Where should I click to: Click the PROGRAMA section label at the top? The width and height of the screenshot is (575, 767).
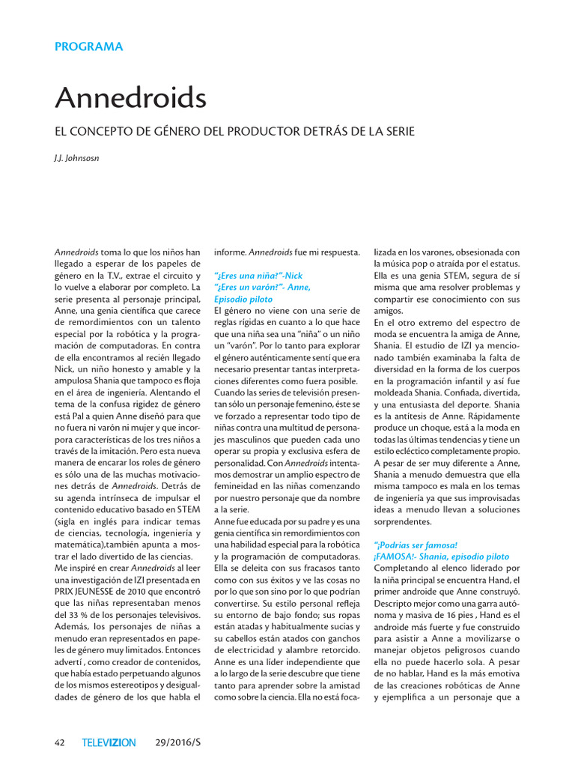(x=88, y=46)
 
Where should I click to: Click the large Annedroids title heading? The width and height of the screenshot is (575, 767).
(x=130, y=97)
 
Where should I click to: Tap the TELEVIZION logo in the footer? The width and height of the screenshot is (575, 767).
(x=109, y=742)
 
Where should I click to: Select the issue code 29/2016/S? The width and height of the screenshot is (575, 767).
(x=179, y=742)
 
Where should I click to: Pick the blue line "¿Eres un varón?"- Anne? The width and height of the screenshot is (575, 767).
(x=262, y=287)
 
